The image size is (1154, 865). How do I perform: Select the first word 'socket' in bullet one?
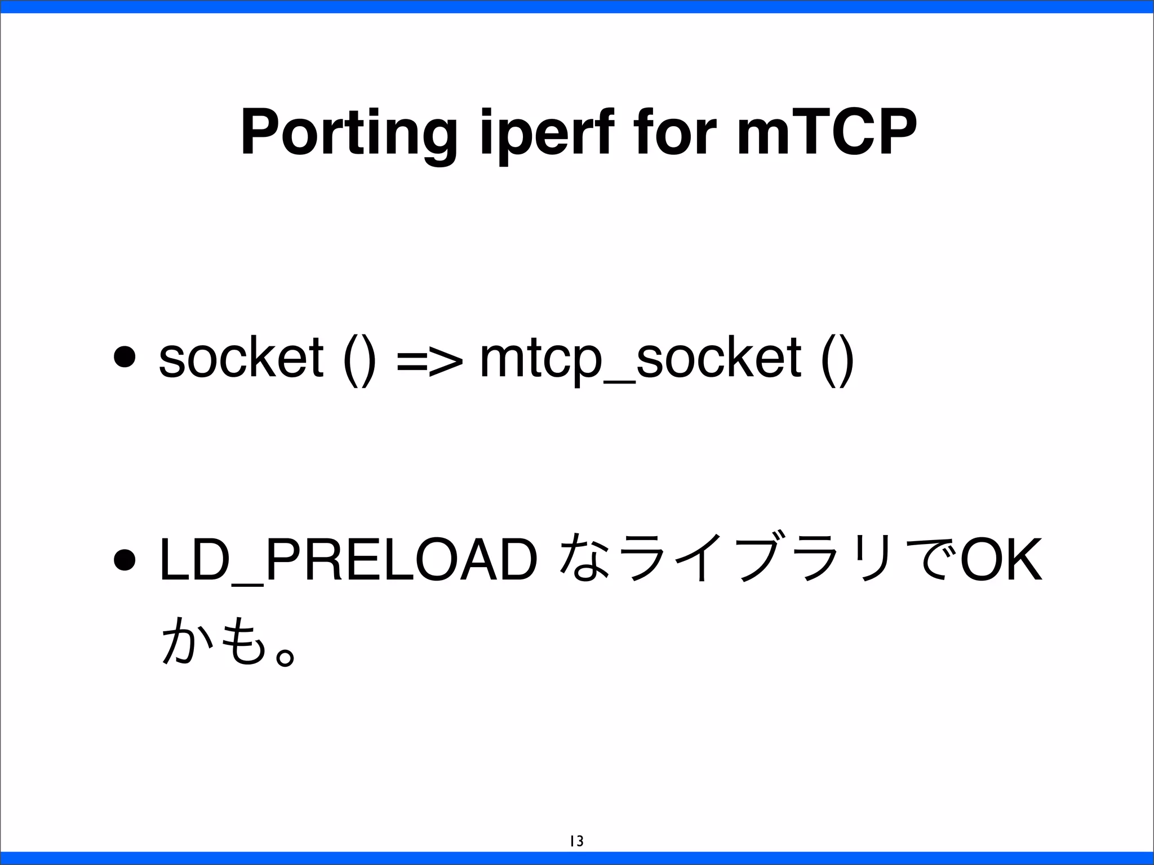[x=241, y=357]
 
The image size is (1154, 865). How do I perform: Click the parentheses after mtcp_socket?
[x=838, y=358]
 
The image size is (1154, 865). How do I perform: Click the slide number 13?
[x=576, y=841]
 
